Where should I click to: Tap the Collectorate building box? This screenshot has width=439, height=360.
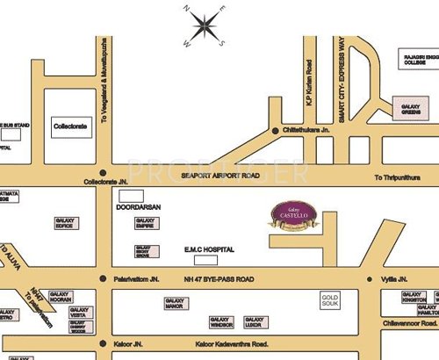point(72,127)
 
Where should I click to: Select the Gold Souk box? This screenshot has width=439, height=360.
point(329,300)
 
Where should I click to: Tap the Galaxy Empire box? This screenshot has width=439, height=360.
point(144,224)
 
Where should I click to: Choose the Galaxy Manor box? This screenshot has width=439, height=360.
point(175,303)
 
